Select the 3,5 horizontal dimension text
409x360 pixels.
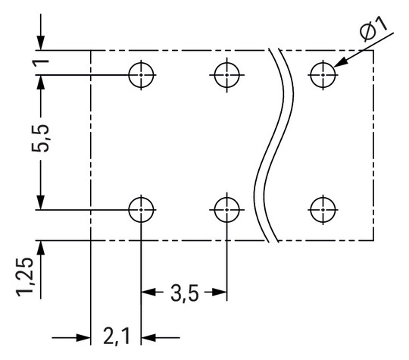click(184, 293)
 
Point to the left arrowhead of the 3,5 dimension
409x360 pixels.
click(147, 292)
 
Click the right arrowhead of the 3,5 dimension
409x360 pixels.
click(220, 292)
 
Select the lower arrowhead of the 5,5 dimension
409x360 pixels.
click(40, 200)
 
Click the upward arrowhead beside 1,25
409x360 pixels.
click(40, 248)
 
